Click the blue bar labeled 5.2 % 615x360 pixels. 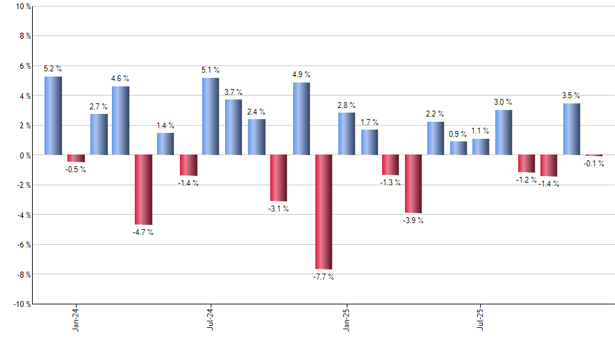pos(53,116)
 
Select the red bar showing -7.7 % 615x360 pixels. pos(324,211)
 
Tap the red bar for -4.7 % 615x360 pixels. pos(143,190)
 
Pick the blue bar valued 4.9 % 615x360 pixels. pos(302,118)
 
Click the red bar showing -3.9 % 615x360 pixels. pos(413,184)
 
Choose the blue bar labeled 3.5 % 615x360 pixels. pos(571,129)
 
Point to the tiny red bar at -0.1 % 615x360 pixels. pos(593,156)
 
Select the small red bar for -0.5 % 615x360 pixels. pos(76,158)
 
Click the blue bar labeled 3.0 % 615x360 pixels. pos(504,132)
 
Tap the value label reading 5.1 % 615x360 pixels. pos(211,70)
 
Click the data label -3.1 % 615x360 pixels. pos(278,209)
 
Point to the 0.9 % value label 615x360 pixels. pos(459,134)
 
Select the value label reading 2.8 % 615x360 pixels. pos(347,105)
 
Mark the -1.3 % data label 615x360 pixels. pos(391,183)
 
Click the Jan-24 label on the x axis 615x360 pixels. pos(76,319)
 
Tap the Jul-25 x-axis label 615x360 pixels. pos(481,319)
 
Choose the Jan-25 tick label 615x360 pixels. pos(346,319)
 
